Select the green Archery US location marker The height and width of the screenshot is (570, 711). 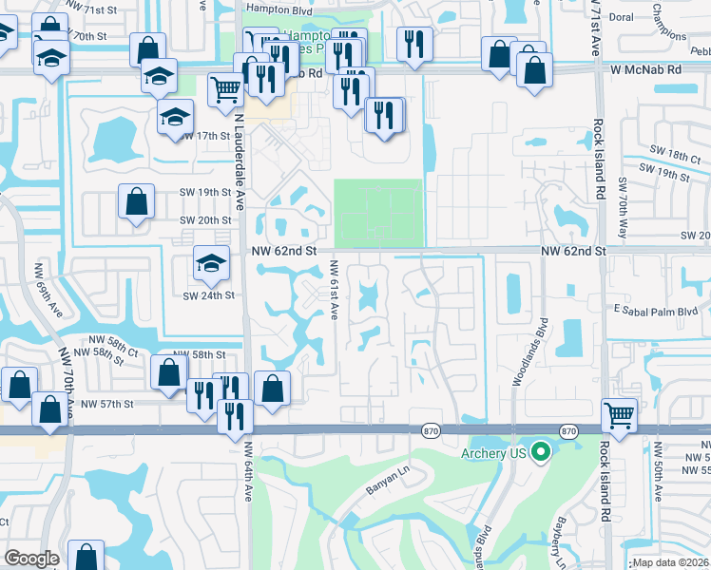click(541, 451)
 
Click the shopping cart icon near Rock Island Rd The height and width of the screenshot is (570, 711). click(619, 415)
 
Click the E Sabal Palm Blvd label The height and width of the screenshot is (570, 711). click(655, 311)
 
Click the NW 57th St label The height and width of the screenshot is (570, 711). click(107, 404)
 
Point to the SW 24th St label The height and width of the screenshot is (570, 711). click(209, 294)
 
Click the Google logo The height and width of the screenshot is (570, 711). click(31, 559)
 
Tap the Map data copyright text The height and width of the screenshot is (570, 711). click(669, 562)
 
